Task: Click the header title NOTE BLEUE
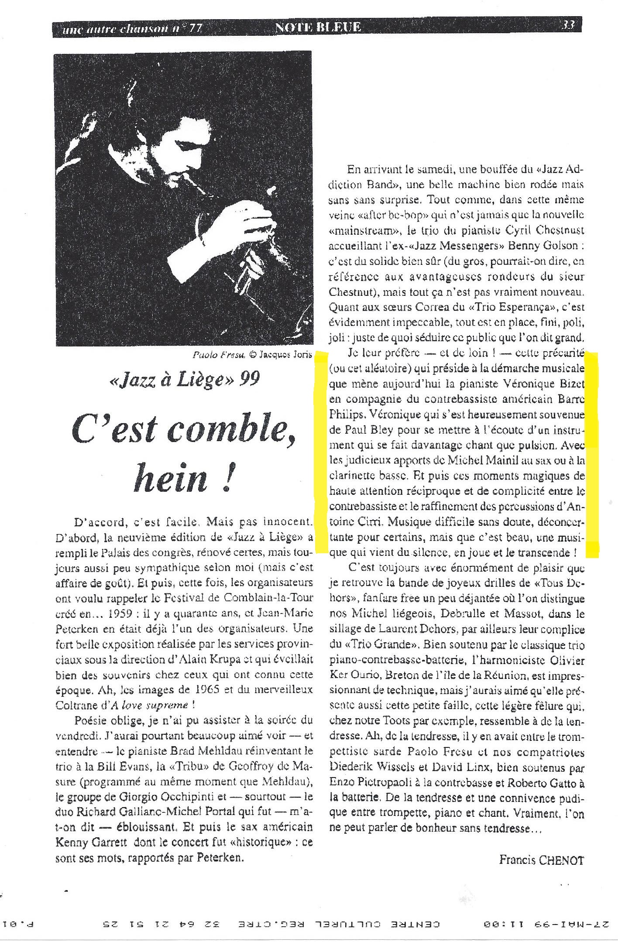coord(318,27)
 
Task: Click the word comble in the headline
coord(229,428)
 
